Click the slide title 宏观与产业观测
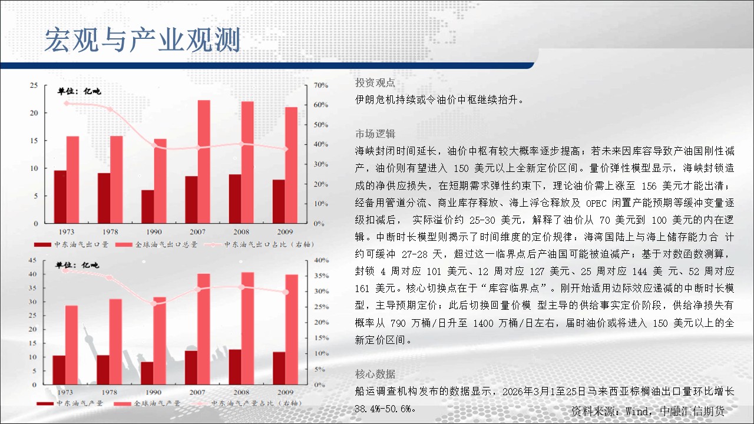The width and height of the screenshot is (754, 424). (143, 39)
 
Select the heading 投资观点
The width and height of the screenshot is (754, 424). (375, 82)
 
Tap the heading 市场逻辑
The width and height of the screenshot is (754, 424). (375, 134)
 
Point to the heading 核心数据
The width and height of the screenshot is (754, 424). (375, 374)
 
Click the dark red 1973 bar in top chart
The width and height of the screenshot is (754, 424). (60, 197)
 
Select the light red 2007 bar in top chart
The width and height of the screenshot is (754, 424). (204, 162)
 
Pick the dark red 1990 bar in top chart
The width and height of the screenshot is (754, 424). (147, 207)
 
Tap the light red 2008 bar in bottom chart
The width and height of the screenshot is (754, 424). (247, 329)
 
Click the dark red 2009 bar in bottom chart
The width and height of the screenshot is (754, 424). (279, 369)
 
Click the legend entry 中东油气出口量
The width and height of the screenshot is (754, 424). (71, 244)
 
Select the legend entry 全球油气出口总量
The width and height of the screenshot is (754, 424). (156, 244)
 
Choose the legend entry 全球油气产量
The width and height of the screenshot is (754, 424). (147, 403)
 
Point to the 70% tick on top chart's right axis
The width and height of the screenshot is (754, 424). (321, 85)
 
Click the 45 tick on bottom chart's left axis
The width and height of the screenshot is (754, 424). (32, 260)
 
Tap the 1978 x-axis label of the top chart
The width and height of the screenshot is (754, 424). (110, 232)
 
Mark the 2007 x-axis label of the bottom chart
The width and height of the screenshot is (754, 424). (197, 392)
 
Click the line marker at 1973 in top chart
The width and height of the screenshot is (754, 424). (67, 103)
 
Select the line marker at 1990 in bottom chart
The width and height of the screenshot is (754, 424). (154, 303)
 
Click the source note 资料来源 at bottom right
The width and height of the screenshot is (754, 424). (647, 411)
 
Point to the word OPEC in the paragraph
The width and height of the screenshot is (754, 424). (596, 203)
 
